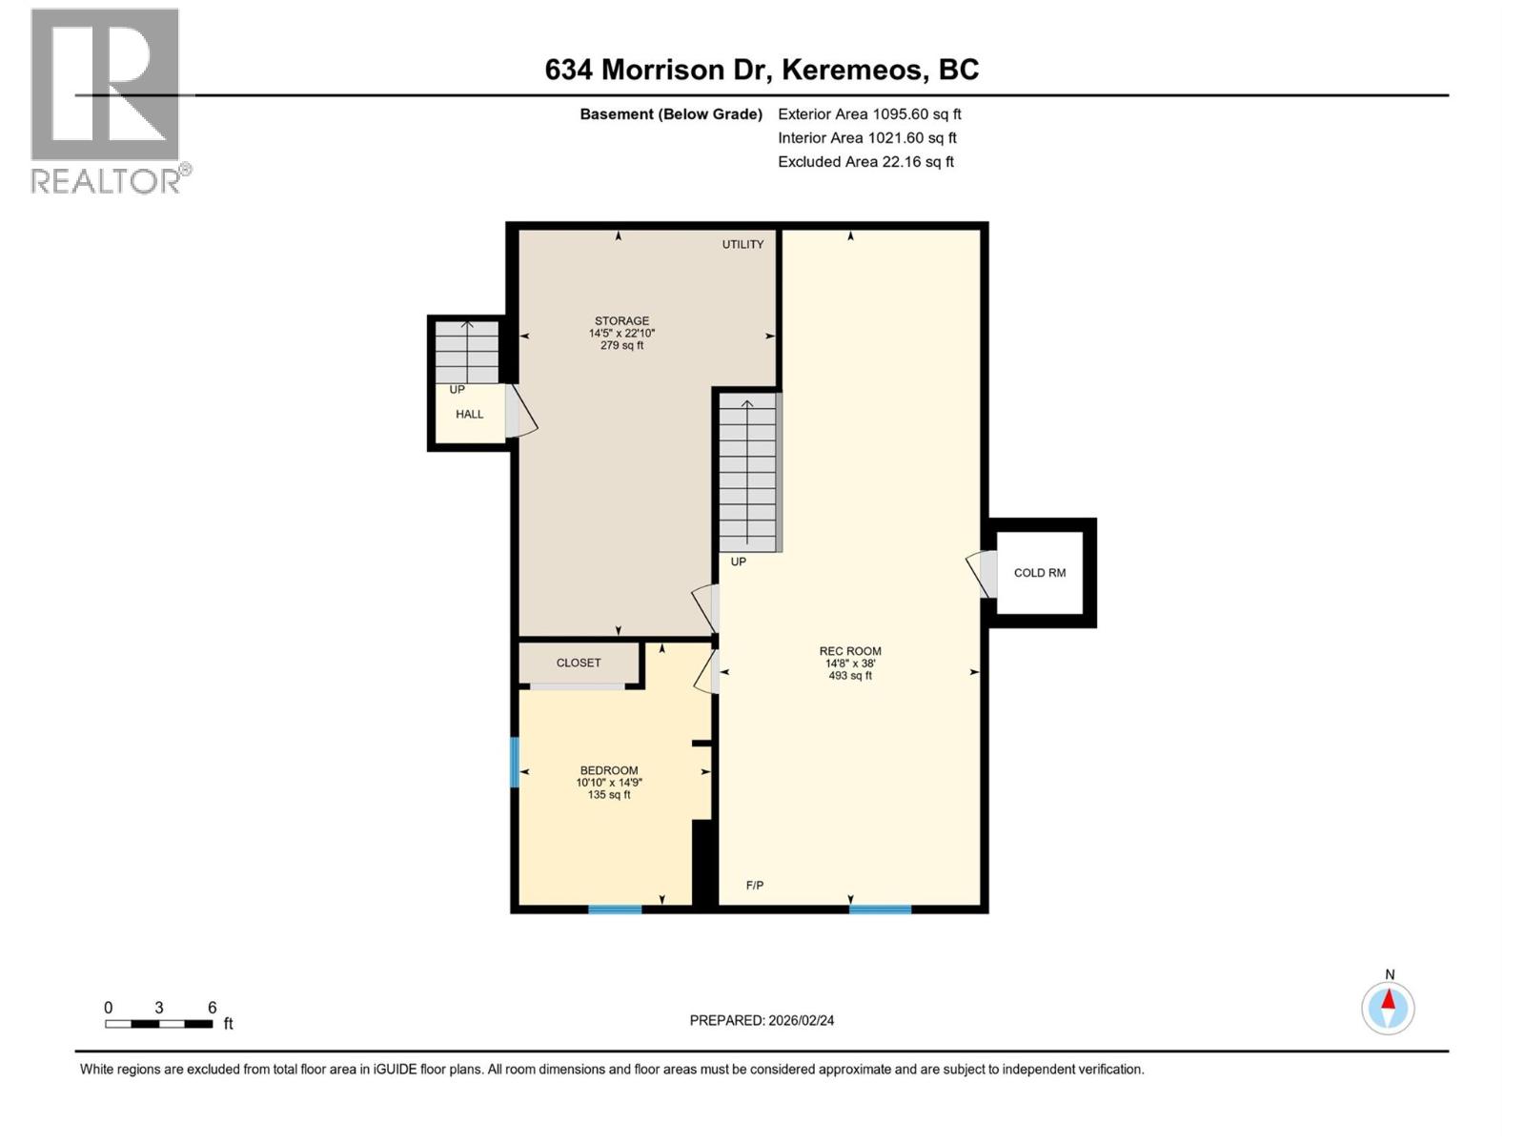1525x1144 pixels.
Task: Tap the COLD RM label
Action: pyautogui.click(x=1039, y=573)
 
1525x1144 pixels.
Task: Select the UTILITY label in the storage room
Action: pyautogui.click(x=742, y=245)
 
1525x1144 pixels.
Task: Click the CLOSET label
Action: pyautogui.click(x=579, y=663)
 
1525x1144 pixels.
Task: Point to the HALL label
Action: pyautogui.click(x=469, y=415)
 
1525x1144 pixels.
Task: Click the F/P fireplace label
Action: pyautogui.click(x=754, y=886)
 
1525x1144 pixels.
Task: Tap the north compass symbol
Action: pyautogui.click(x=1388, y=1008)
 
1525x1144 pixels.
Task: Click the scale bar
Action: pyautogui.click(x=159, y=1024)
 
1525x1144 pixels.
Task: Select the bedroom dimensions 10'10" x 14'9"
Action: pyautogui.click(x=609, y=783)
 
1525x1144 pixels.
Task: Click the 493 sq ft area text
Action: pyautogui.click(x=850, y=676)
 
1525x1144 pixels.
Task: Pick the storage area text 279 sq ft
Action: pyautogui.click(x=621, y=346)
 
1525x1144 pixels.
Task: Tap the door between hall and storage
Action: pyautogui.click(x=519, y=412)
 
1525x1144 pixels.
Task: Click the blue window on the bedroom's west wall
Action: pyautogui.click(x=515, y=762)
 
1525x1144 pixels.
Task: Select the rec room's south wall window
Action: pyautogui.click(x=880, y=909)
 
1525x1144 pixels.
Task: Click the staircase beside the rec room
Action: pyautogui.click(x=748, y=473)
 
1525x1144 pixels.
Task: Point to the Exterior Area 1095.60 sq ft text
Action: pyautogui.click(x=869, y=114)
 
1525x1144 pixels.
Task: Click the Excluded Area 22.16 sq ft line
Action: pyautogui.click(x=865, y=162)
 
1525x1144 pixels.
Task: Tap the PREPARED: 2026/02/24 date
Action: pyautogui.click(x=762, y=1020)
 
